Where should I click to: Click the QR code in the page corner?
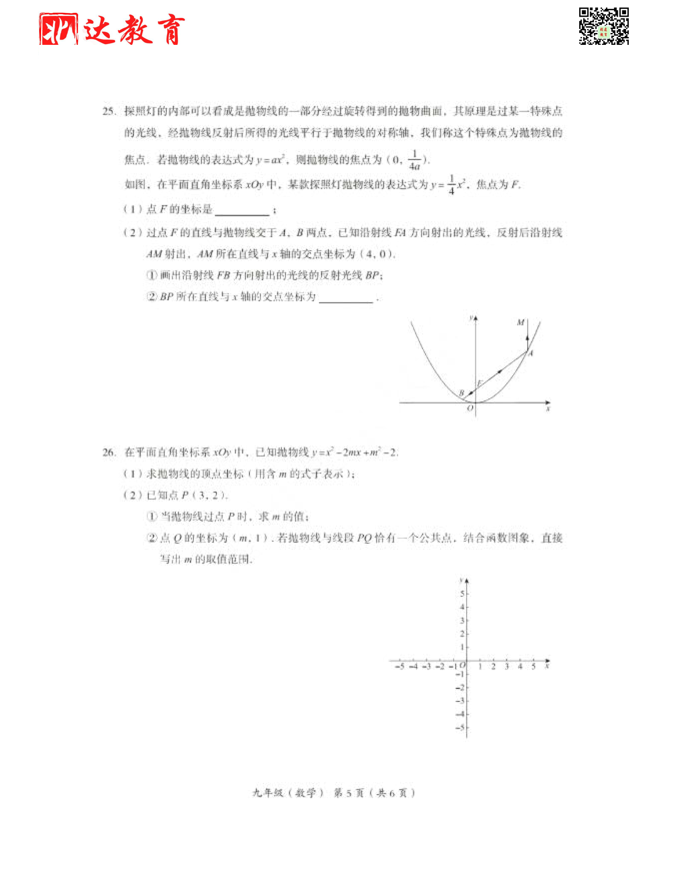603,26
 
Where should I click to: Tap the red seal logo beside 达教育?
58,29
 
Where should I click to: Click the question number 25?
109,111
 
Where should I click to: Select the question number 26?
109,452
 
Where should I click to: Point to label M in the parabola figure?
521,322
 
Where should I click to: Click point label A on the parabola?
531,353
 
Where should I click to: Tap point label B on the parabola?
461,392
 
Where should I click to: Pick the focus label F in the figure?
480,383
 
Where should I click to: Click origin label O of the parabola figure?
470,409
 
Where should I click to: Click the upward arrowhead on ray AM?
528,338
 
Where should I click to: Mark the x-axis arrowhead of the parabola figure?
547,402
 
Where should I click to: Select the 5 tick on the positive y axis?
462,594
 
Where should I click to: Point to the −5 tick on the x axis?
400,667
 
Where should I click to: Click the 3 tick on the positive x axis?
507,667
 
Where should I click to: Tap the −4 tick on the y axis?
460,714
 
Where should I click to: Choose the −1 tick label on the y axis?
460,674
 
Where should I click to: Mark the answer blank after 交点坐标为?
346,298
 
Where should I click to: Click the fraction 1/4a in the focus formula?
414,161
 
